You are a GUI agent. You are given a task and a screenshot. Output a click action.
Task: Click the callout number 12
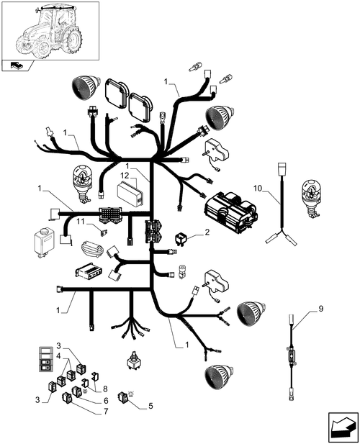[125, 176]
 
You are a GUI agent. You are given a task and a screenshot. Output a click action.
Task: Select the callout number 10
[258, 189]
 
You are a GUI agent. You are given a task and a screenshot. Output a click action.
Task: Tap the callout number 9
[320, 309]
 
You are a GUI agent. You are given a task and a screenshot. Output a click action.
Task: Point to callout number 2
[207, 232]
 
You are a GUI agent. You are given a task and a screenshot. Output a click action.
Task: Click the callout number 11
[81, 222]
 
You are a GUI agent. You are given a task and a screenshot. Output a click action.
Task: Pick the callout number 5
[150, 406]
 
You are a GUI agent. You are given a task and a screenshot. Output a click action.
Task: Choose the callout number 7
[106, 411]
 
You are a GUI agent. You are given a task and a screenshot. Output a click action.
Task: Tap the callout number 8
[105, 389]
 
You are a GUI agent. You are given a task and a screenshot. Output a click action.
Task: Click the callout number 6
[106, 401]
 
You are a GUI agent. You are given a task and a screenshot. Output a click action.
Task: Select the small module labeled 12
[130, 194]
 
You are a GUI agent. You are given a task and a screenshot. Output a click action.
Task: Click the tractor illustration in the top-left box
[48, 31]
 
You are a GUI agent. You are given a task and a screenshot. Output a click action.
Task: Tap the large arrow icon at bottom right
[343, 427]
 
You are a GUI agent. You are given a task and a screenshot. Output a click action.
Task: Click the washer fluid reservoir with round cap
[44, 243]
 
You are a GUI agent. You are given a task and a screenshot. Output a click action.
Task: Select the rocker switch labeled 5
[124, 397]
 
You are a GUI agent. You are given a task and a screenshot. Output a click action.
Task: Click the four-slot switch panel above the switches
[46, 359]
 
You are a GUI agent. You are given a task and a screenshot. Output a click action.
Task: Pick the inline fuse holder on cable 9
[292, 355]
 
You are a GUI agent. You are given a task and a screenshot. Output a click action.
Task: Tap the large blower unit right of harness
[231, 210]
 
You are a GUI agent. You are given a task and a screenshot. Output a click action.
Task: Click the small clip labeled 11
[103, 232]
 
